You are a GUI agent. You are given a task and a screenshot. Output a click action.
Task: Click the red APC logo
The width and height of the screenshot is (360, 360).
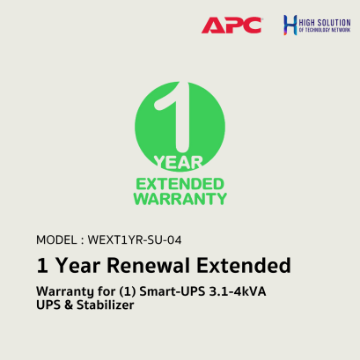(231, 24)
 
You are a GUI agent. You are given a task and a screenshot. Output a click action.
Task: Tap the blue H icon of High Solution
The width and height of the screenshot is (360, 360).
(290, 24)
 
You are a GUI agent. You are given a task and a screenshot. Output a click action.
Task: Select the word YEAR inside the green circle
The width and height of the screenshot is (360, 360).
(180, 161)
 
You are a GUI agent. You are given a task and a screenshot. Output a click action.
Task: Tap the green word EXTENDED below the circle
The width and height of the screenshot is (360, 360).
(180, 183)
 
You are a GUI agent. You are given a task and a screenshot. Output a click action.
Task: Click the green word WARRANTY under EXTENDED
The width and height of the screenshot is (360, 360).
(180, 199)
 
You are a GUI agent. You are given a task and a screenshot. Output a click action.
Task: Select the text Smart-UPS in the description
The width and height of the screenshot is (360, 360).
(185, 290)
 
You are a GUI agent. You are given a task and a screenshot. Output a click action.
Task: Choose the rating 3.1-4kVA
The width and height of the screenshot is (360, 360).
(255, 290)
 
